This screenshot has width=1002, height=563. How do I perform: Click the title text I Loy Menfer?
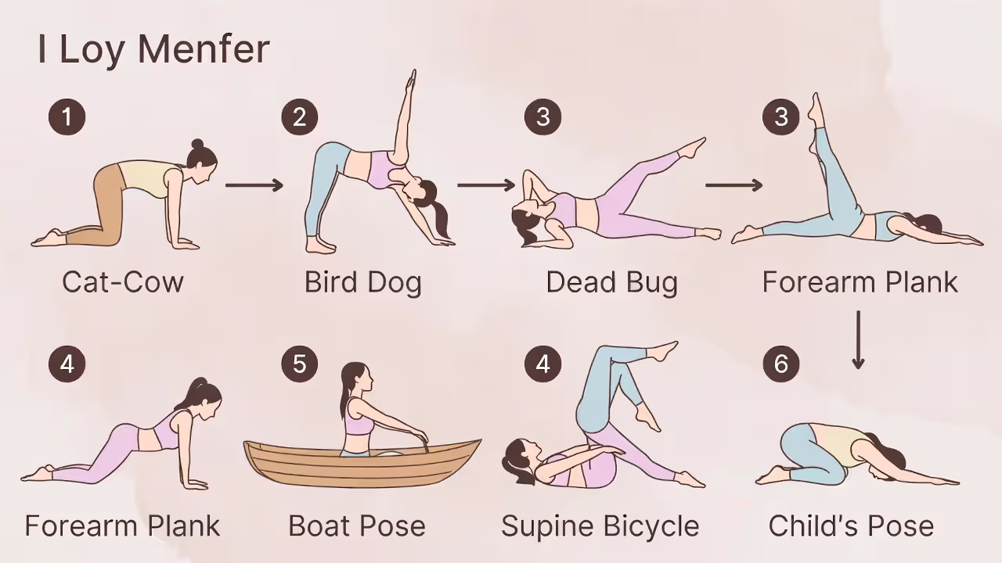tap(153, 49)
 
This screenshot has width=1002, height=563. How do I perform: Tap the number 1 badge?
tap(67, 117)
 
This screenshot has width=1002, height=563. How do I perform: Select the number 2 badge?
tap(299, 117)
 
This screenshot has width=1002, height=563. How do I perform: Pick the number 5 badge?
tap(299, 364)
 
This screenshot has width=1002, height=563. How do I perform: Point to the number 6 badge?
tap(780, 364)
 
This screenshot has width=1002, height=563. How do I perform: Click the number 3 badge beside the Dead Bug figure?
tap(542, 117)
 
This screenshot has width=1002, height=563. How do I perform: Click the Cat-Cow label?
tap(123, 281)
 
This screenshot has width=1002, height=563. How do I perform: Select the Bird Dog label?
tap(362, 281)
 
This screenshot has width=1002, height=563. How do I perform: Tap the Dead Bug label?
tap(611, 281)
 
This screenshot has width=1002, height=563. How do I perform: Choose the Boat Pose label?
tap(357, 525)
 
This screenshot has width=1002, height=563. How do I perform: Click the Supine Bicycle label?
tap(600, 525)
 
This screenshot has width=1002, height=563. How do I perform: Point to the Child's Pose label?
tap(851, 525)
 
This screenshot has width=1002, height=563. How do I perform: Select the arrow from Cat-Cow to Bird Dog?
tap(254, 185)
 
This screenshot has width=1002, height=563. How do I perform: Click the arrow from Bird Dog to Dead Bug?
tap(486, 185)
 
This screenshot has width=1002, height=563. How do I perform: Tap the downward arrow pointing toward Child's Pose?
tap(858, 340)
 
